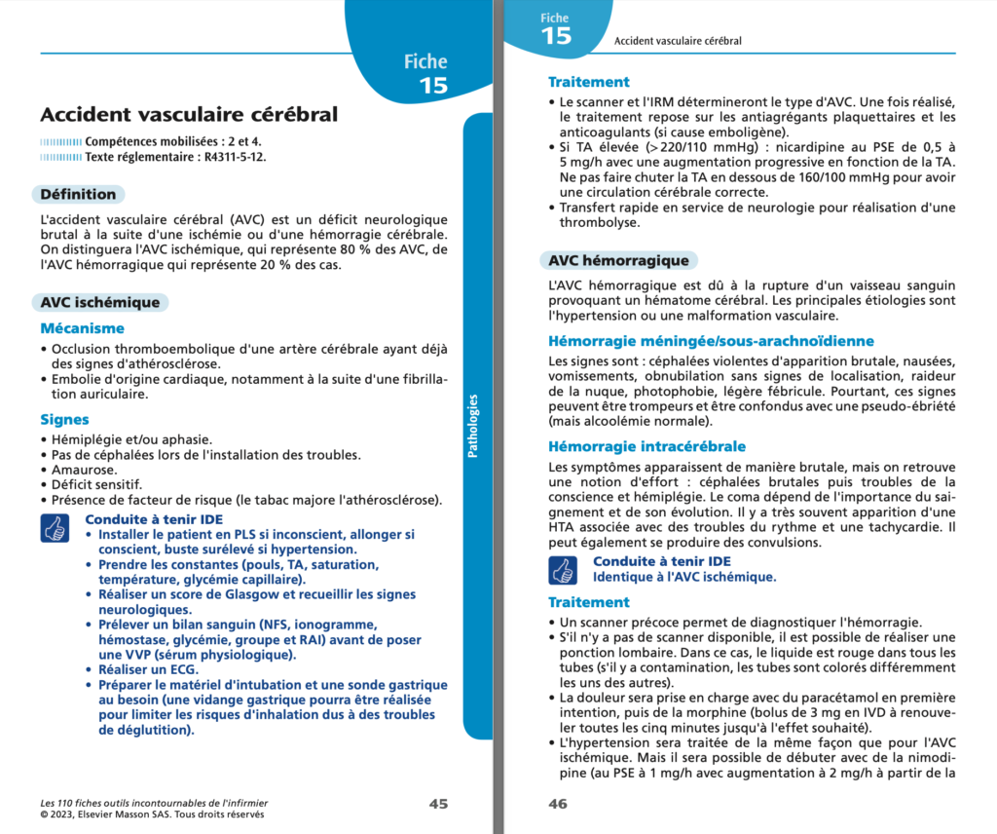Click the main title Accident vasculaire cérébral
click(189, 115)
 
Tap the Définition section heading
click(78, 194)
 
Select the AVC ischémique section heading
click(99, 302)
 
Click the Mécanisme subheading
click(82, 328)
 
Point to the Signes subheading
click(64, 420)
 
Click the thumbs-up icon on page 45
click(54, 528)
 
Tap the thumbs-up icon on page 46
click(562, 569)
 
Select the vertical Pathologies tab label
click(473, 426)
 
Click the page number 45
click(438, 804)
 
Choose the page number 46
click(558, 804)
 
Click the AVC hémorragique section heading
click(618, 260)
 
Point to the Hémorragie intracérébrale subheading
click(646, 446)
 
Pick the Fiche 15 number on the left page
click(432, 85)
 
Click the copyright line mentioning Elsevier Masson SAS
click(153, 815)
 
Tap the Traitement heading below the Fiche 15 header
click(588, 82)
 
